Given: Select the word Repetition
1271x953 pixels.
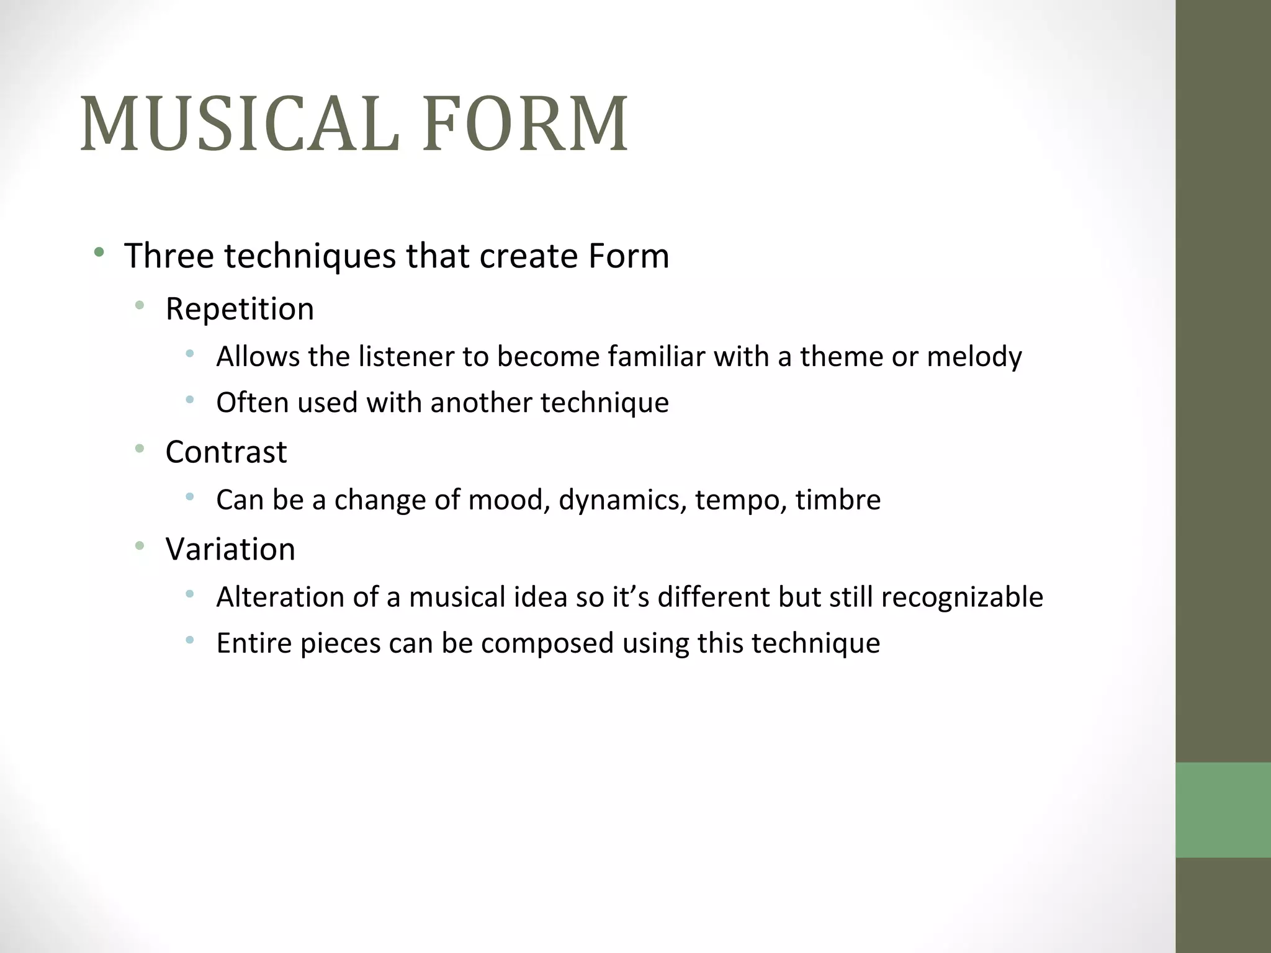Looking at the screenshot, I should [x=240, y=308].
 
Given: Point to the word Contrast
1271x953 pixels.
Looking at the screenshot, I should [x=226, y=451].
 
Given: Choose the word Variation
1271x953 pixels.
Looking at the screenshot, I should [x=230, y=548].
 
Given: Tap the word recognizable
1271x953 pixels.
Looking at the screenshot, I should [x=962, y=597].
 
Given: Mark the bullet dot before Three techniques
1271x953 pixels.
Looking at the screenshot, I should [x=99, y=252].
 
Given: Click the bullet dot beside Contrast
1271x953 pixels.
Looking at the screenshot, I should [x=140, y=448].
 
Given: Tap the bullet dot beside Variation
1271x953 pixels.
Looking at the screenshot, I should [x=140, y=545].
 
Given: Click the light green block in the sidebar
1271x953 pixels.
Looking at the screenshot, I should [x=1223, y=810].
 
